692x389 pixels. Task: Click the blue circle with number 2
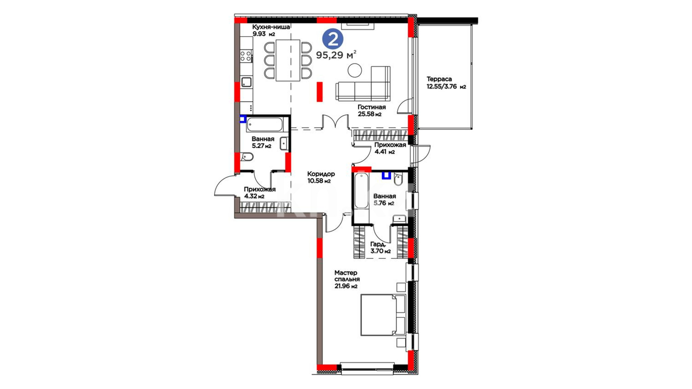333,39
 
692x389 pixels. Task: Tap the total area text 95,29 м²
336,55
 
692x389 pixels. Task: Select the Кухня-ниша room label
271,27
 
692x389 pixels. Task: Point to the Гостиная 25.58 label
371,111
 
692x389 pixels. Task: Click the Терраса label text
439,79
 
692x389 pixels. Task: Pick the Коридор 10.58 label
321,178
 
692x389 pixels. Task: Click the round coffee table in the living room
355,70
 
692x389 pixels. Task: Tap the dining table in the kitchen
288,60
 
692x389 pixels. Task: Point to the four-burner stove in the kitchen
246,56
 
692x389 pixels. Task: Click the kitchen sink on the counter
246,82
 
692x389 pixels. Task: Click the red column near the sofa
320,91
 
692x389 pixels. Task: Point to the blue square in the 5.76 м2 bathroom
386,175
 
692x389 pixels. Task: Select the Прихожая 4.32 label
259,193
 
